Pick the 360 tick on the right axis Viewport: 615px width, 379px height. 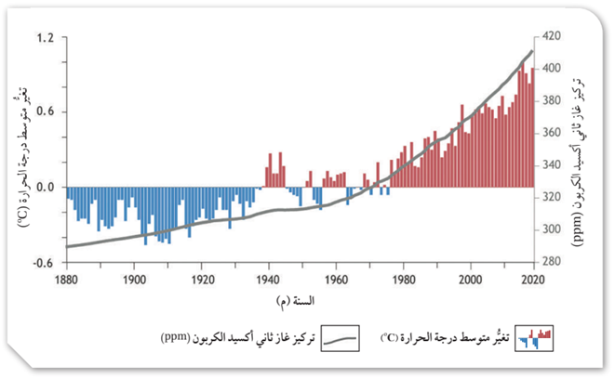click(552, 133)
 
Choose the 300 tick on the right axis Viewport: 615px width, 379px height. click(552, 229)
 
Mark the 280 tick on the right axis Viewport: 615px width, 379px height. click(552, 262)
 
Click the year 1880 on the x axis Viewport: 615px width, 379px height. click(66, 279)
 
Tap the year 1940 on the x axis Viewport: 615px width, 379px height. click(268, 279)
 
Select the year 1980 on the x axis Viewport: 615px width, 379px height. click(402, 279)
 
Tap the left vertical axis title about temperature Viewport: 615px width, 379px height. click(20, 149)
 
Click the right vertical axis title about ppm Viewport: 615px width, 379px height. click(583, 149)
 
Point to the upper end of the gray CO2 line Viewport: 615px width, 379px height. click(531, 51)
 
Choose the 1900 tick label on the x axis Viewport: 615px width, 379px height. click(134, 279)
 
